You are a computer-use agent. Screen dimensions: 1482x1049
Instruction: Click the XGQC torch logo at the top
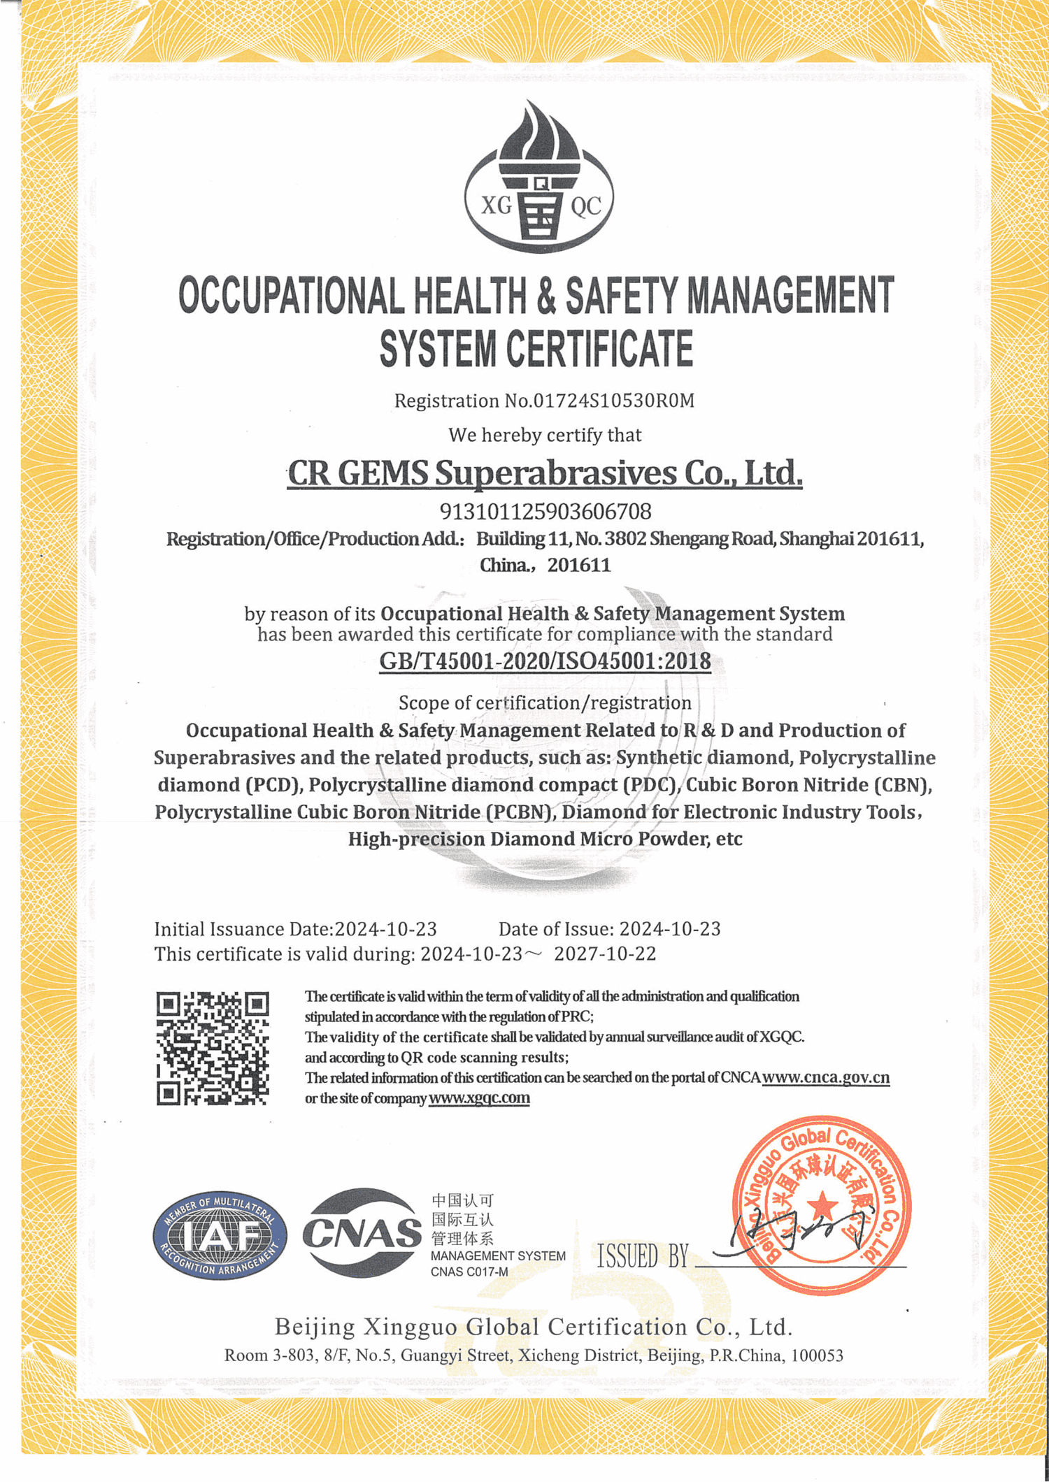[538, 178]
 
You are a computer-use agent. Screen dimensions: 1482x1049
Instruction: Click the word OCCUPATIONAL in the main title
[291, 296]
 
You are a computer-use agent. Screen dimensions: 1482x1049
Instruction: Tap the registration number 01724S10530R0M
[613, 401]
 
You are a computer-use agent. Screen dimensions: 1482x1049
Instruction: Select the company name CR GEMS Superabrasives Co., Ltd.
[545, 473]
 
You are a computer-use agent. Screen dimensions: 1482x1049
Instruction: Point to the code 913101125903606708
[545, 512]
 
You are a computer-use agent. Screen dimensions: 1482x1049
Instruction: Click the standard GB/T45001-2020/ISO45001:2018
[545, 661]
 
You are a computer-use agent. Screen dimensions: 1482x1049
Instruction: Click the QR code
[213, 1048]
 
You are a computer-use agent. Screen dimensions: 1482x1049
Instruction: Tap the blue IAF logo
[220, 1235]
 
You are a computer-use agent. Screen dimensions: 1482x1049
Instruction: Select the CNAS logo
[362, 1234]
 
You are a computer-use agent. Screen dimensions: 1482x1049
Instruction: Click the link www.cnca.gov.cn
[825, 1077]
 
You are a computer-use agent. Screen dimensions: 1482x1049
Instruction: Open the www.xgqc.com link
[479, 1098]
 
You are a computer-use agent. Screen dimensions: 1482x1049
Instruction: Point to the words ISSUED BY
[643, 1256]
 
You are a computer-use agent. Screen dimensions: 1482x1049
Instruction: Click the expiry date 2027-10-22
[605, 954]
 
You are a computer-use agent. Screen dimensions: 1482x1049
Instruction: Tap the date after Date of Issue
[669, 929]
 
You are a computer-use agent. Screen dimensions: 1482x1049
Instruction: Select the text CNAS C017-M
[469, 1272]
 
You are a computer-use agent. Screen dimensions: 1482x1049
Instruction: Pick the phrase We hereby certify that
[545, 435]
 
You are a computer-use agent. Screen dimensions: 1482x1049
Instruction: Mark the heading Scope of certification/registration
[545, 703]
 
